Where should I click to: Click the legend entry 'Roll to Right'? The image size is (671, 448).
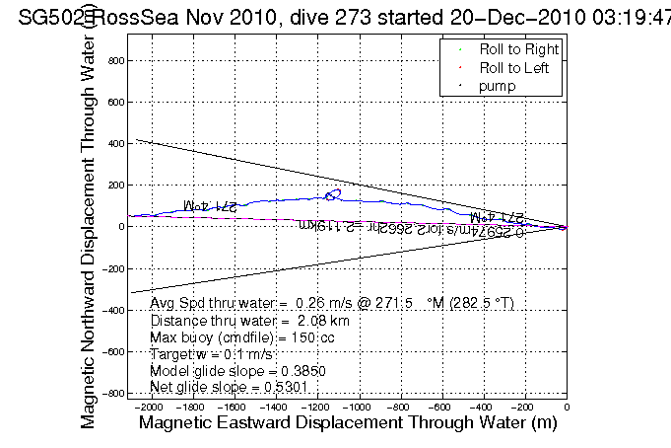tap(518, 49)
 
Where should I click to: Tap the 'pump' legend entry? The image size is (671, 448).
tap(497, 87)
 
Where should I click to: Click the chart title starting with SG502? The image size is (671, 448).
tap(335, 14)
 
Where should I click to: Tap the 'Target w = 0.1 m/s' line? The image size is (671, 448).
tap(212, 352)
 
